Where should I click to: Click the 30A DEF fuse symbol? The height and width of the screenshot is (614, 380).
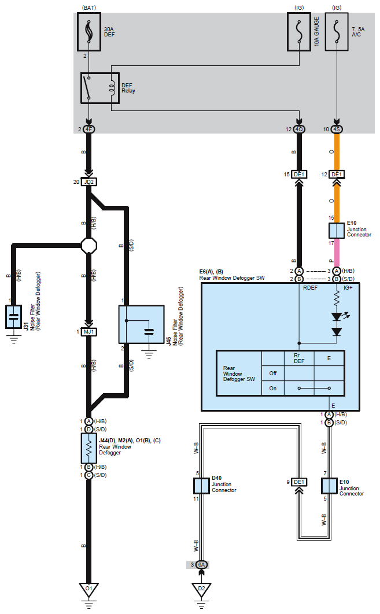point(89,32)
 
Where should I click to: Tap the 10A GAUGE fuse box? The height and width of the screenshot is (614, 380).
point(299,32)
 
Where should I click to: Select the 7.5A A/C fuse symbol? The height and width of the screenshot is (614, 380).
point(337,32)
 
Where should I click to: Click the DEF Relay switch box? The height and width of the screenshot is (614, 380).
point(100,88)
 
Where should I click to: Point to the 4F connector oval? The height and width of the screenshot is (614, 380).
point(89,130)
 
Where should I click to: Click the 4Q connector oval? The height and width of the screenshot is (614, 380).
point(299,130)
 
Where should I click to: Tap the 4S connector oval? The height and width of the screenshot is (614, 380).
point(337,130)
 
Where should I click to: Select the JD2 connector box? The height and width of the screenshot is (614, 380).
point(89,182)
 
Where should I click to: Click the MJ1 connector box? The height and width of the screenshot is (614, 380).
point(89,332)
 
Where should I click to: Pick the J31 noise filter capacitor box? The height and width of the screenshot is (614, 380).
point(13,316)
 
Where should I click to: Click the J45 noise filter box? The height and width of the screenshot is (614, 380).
point(142,324)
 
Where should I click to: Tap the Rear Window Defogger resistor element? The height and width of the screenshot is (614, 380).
point(89,448)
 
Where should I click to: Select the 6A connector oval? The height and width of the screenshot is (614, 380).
point(201,565)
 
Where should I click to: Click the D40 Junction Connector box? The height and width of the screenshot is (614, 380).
point(201,486)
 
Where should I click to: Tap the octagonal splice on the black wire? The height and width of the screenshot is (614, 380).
point(89,246)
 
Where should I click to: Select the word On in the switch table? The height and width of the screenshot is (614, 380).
point(272,389)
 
